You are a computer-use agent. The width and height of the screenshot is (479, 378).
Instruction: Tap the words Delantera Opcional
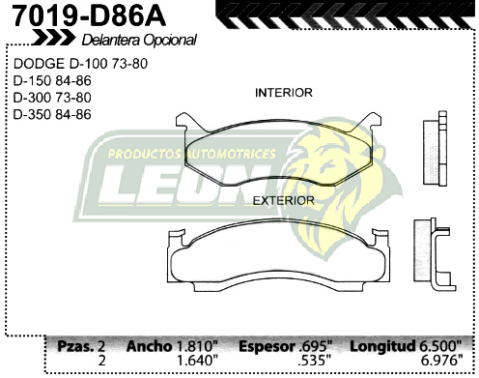[139, 41]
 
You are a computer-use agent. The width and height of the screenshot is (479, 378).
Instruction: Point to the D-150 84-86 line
[52, 82]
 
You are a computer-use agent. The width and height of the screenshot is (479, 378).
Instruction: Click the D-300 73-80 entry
[52, 98]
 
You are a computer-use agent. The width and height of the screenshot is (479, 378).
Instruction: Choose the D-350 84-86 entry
[52, 113]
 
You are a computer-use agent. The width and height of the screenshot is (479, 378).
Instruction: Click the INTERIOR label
[283, 94]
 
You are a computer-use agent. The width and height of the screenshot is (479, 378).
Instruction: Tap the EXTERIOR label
[283, 200]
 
